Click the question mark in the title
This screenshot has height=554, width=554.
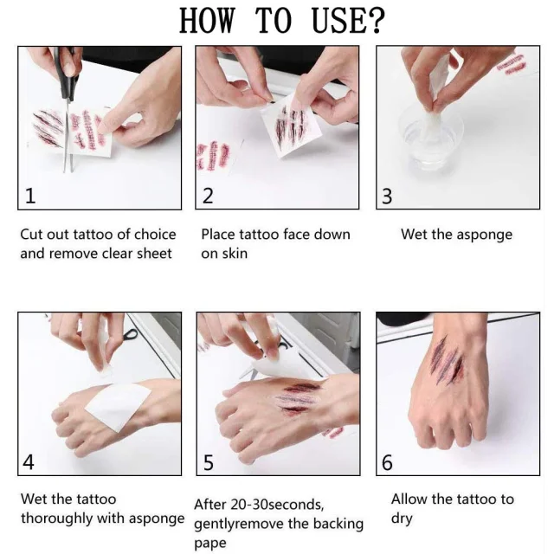coord(373,21)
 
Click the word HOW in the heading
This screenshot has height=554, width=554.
coord(207,21)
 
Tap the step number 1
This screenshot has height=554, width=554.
coord(30,196)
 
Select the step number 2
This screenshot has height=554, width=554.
coord(208,196)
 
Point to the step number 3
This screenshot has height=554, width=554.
coord(387,196)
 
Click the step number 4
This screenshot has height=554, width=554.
coord(29,461)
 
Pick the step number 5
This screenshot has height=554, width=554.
coord(209,462)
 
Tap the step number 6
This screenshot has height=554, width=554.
coord(387,462)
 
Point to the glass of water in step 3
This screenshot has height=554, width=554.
coord(430,138)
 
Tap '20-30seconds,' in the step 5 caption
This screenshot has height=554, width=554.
coord(277,505)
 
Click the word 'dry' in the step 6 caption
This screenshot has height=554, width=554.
coord(402,519)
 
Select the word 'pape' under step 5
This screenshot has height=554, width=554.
coord(210,544)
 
